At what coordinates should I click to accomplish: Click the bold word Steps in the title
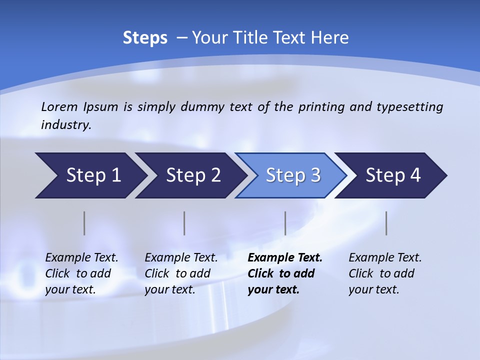[145, 38]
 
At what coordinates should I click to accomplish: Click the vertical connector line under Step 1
[84, 223]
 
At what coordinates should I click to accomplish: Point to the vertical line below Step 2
[184, 223]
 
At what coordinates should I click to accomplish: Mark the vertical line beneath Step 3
[285, 223]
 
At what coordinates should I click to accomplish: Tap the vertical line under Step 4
[386, 223]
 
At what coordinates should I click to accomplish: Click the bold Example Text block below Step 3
[285, 273]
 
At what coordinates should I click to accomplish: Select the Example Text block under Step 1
[81, 273]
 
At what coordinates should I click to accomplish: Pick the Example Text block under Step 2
[181, 273]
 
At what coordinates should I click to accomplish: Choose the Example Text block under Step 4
[385, 273]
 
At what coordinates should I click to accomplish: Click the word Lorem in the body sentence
[59, 107]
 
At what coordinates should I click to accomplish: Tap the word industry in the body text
[65, 125]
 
